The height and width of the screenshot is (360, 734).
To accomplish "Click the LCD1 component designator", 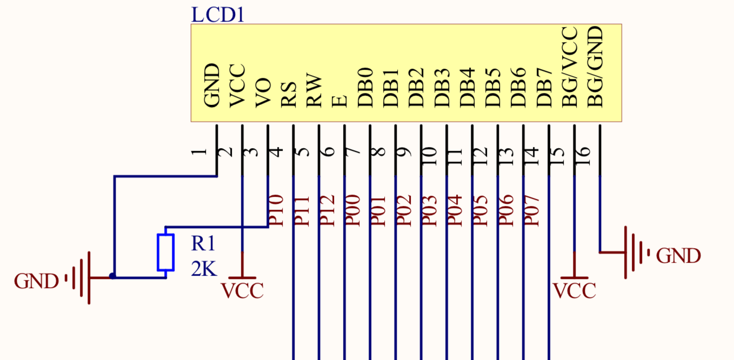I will (x=218, y=14).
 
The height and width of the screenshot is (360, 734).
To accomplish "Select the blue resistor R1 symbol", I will (x=165, y=252).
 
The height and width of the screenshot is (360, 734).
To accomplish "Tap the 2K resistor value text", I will (x=204, y=268).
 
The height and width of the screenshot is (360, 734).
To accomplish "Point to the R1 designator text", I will (x=204, y=244).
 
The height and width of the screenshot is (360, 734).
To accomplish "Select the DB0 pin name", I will (x=365, y=87).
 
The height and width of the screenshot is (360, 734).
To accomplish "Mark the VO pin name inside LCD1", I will (x=263, y=94).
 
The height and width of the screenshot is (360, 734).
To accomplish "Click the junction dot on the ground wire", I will (x=112, y=276).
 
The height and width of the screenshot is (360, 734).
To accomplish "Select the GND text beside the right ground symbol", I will (x=678, y=256).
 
